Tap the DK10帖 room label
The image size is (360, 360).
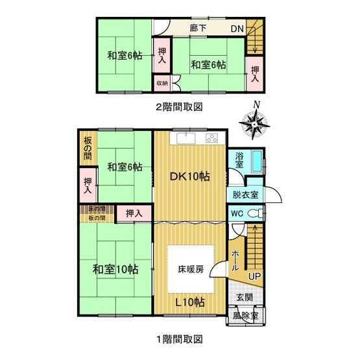(x=189, y=175)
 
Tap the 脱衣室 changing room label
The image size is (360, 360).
(x=245, y=195)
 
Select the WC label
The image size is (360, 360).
(x=237, y=213)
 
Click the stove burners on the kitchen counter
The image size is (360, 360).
(x=212, y=138)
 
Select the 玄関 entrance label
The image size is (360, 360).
(x=245, y=298)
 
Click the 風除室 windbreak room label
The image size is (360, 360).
(x=245, y=316)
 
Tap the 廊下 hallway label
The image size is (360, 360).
(x=198, y=29)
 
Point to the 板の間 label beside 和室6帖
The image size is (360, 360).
(x=87, y=148)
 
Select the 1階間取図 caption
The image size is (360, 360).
(x=179, y=339)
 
